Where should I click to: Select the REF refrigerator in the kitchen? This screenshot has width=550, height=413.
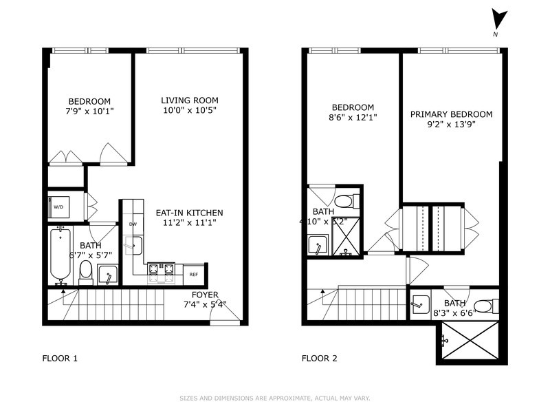point(195,274)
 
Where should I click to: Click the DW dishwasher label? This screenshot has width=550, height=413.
point(132,224)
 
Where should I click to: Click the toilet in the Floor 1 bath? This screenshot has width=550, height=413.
point(86,271)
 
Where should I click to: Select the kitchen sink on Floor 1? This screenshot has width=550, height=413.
point(133,245)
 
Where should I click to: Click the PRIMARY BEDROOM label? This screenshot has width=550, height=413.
point(451,114)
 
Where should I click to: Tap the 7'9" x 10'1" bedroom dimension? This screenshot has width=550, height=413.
point(89,111)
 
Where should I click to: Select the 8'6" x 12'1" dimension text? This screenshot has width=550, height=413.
point(353,118)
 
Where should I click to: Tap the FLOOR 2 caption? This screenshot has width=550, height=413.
point(320,358)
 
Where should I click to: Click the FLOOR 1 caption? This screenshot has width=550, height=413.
point(60,358)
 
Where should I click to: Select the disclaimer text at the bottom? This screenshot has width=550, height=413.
point(275,398)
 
